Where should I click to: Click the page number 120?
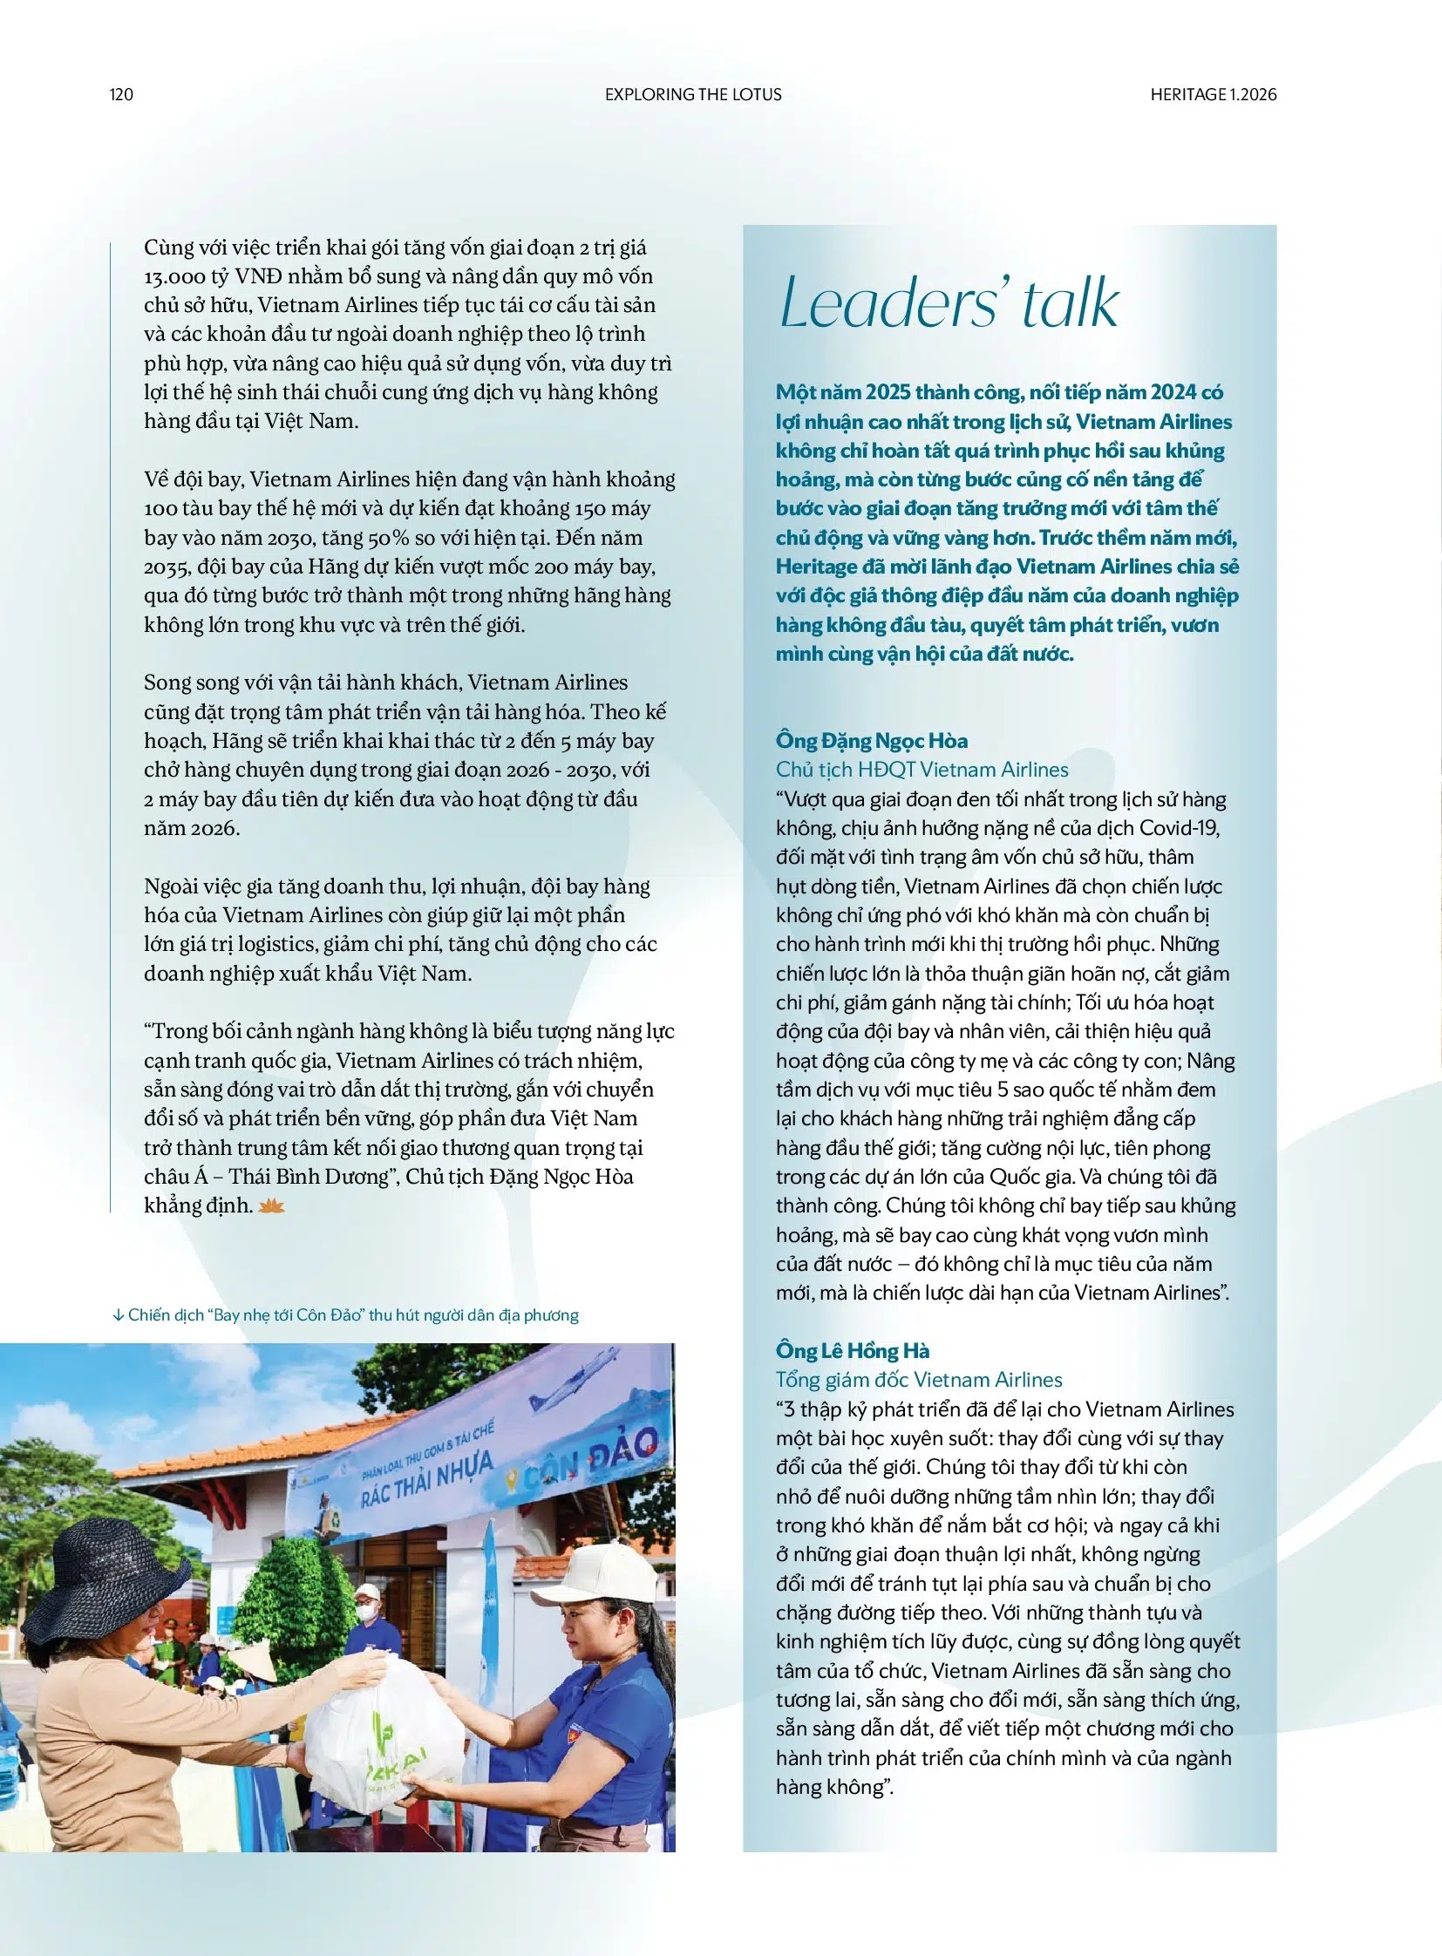point(121,94)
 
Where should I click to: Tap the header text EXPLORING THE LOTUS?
point(693,94)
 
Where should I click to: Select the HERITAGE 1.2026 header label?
point(1213,94)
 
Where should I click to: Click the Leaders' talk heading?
point(948,303)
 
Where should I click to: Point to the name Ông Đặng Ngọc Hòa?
point(871,740)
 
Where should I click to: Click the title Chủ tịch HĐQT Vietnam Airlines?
point(922,769)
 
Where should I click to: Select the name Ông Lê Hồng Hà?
point(852,1350)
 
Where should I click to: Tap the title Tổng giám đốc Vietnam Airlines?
point(918,1379)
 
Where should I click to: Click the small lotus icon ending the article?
point(272,1206)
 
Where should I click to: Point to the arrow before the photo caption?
point(118,1315)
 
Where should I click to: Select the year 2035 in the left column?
point(167,567)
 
